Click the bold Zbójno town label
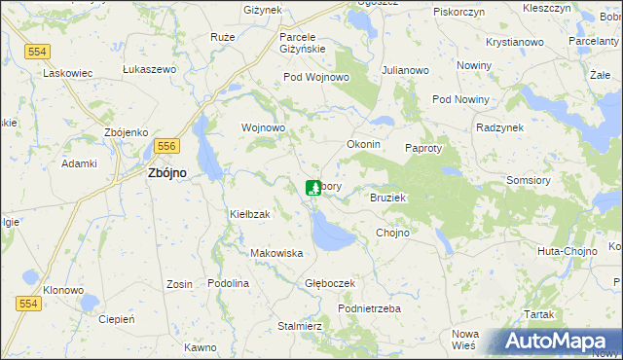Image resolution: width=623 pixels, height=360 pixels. (166, 173)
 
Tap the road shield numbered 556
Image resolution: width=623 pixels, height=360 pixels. (165, 145)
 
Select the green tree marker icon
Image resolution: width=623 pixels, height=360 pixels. (312, 188)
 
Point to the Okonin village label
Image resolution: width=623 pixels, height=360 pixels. (363, 144)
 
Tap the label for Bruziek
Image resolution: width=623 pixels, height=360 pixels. (386, 198)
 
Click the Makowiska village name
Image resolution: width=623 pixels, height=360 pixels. (277, 253)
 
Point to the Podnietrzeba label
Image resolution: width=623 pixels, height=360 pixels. (369, 308)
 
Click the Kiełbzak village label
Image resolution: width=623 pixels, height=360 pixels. (249, 213)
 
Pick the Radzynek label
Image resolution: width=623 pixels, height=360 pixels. (500, 127)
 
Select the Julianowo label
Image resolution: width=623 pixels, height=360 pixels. (406, 71)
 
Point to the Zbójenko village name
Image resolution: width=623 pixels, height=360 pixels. (126, 132)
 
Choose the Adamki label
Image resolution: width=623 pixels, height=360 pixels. (80, 164)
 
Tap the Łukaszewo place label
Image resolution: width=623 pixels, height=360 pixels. (149, 70)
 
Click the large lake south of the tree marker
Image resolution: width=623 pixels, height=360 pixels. (331, 234)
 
